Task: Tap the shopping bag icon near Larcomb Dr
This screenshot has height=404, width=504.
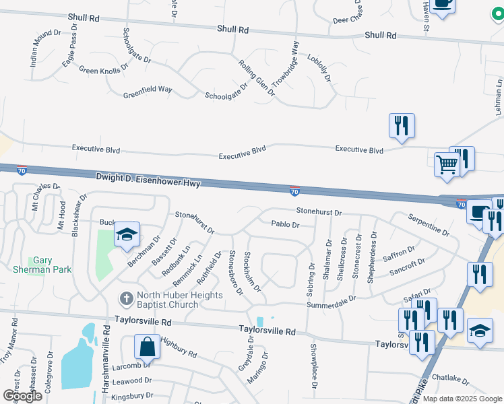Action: tap(147, 348)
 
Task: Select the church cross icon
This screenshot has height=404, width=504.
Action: tap(125, 298)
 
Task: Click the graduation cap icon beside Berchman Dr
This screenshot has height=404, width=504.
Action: tap(127, 235)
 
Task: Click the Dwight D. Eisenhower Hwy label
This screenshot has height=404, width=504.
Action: tap(148, 178)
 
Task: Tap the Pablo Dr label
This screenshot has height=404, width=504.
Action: tap(284, 224)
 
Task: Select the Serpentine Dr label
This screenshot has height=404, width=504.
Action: tap(429, 224)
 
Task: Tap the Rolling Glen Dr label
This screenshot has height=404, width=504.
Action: tap(257, 77)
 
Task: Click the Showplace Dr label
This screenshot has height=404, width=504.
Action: tap(314, 366)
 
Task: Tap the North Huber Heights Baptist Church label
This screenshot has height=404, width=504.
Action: tap(168, 300)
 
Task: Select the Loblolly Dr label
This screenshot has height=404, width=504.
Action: tap(319, 67)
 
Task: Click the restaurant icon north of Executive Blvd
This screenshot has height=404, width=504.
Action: tap(401, 125)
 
